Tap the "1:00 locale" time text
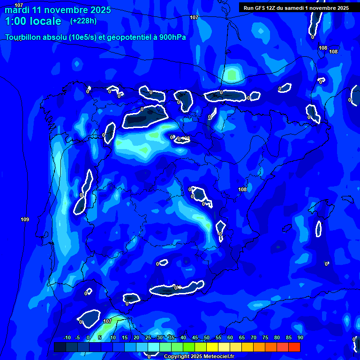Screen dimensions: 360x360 (33, 21)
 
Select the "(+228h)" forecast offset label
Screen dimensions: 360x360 (83, 21)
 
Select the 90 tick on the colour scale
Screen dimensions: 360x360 (300, 337)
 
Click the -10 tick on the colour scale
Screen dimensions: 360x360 (67, 337)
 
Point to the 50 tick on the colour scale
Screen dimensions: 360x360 (207, 337)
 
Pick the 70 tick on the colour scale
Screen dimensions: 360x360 (254, 337)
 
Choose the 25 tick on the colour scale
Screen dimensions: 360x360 (148, 337)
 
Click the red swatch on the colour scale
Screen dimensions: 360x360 (294, 347)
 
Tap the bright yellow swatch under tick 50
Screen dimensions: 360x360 (212, 347)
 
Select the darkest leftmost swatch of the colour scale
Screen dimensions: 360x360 (60, 347)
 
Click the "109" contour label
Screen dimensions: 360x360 (25, 219)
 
